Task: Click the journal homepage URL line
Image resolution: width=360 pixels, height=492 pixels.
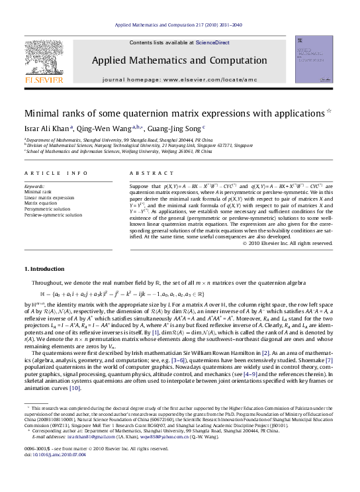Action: (179, 79)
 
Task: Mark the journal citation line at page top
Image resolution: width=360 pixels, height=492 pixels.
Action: (179, 25)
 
